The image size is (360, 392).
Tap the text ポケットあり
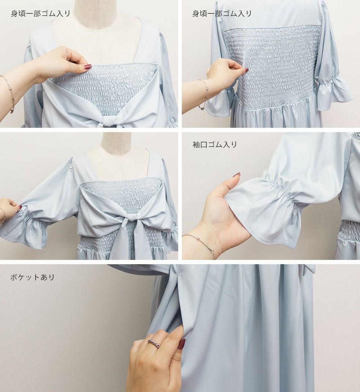(x=32, y=277)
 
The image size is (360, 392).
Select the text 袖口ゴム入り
(x=215, y=144)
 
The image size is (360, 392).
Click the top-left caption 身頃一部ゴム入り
(x=40, y=14)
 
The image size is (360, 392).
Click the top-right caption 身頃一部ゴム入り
(x=222, y=14)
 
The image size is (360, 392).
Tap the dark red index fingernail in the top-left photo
(x=88, y=67)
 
